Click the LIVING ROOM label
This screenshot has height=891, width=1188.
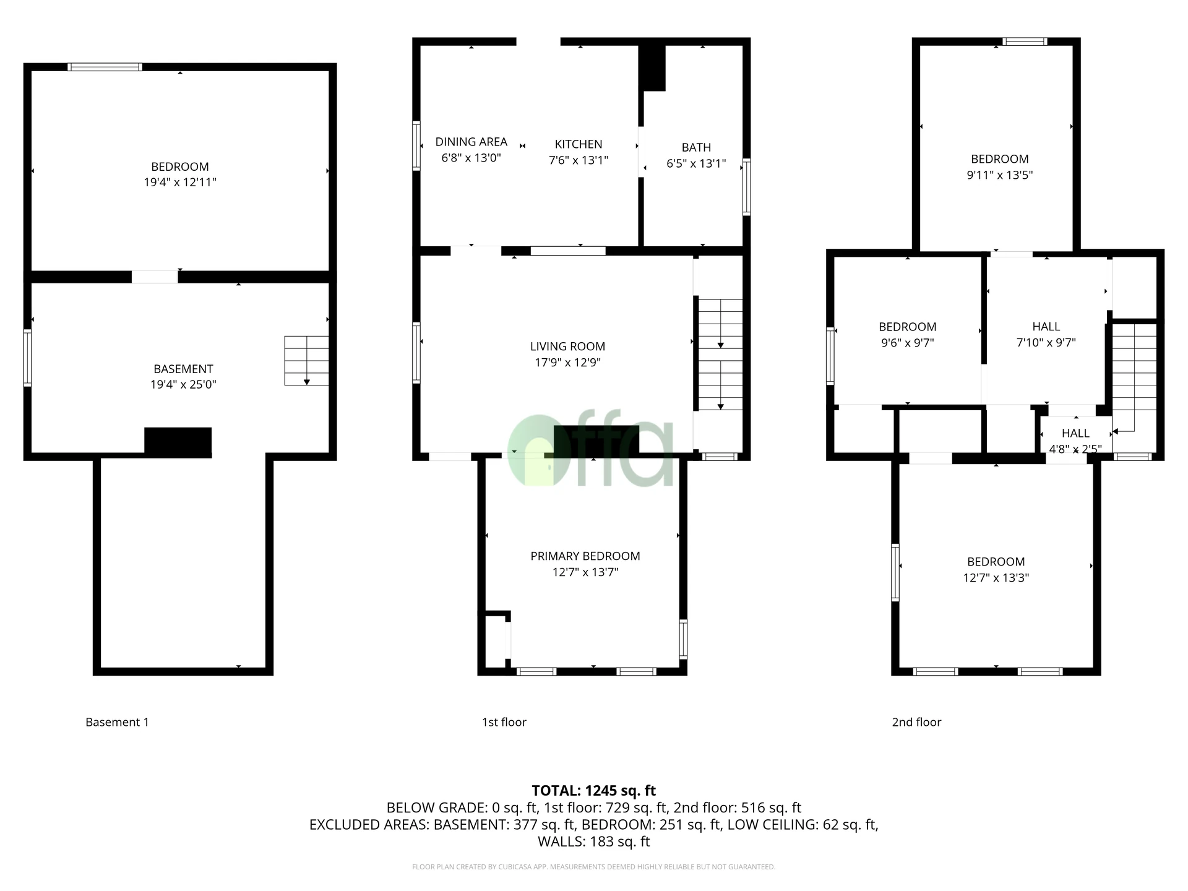567,346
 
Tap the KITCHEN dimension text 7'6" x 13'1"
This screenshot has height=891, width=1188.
578,160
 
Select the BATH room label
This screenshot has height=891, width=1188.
696,147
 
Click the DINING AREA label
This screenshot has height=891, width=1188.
471,142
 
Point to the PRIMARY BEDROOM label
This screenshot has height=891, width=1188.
585,556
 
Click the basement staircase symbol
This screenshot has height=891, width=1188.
306,361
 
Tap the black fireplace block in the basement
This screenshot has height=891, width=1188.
178,442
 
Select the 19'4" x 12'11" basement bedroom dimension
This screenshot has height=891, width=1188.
180,183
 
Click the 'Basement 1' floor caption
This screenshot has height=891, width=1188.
117,722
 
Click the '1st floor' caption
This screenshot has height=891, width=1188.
504,722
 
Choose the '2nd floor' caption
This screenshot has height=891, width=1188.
916,722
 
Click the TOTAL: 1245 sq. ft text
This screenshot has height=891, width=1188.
593,790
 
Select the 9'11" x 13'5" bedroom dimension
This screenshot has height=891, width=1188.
999,175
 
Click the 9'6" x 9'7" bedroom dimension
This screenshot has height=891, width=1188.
907,343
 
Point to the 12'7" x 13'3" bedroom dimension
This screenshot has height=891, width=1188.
996,578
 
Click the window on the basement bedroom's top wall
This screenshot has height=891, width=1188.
105,67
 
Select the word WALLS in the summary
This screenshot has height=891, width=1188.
559,841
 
